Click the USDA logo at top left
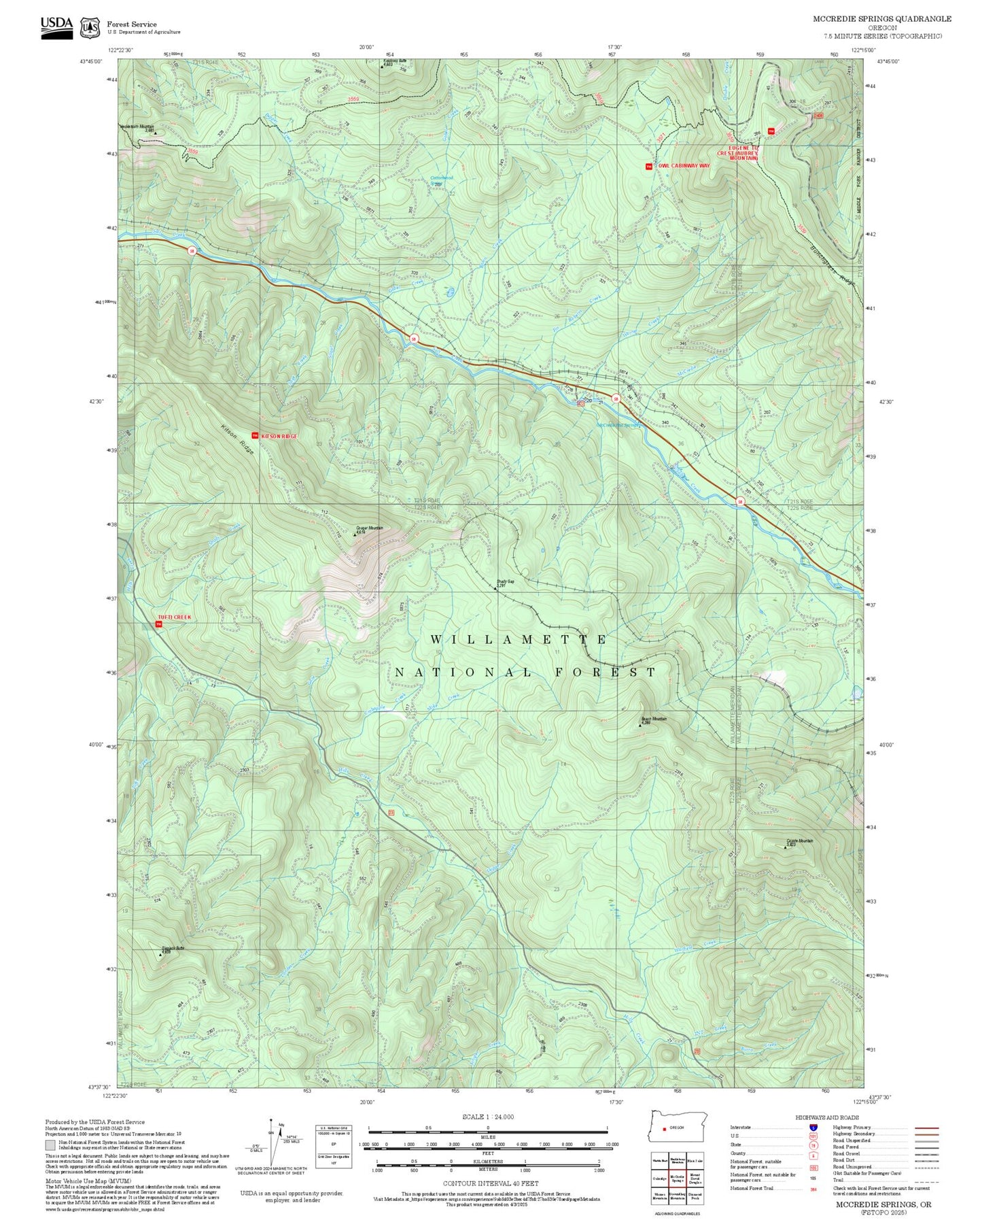(56, 24)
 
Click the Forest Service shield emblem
(90, 28)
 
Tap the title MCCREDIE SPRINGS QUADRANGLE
(882, 19)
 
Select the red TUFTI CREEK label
(175, 617)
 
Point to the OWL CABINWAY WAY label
(684, 166)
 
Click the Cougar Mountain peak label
(370, 528)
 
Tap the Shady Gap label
(505, 582)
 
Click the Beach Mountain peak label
(654, 719)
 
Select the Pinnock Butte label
(173, 948)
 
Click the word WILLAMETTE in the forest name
(519, 640)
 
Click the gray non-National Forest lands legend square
(50, 1144)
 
